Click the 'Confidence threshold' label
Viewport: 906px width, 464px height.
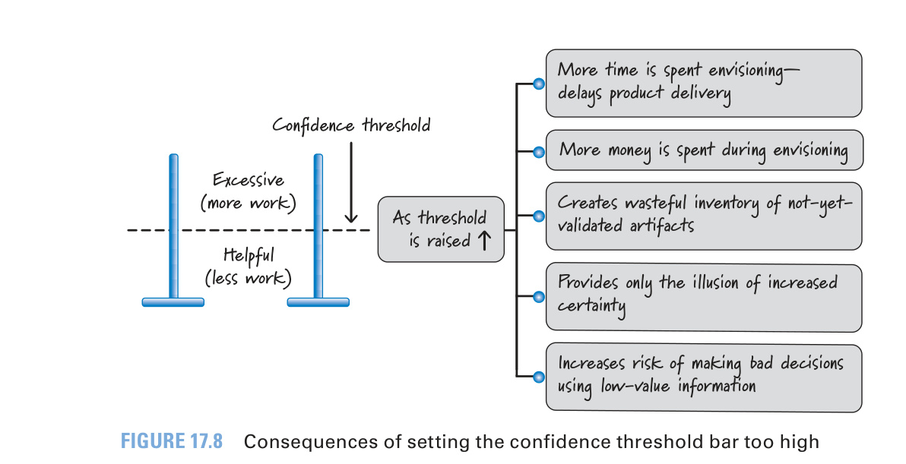pos(351,125)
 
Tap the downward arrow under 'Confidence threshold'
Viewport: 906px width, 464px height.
pos(350,182)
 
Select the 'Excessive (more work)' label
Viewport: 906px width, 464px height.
pos(248,191)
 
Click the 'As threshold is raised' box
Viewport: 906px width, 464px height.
pos(441,229)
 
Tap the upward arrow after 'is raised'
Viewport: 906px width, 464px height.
pos(484,240)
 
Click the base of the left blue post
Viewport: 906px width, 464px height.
pos(173,302)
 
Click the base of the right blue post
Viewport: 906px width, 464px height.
pos(318,302)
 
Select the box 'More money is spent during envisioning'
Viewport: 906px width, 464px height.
pos(704,150)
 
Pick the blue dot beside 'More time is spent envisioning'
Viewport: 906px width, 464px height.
pos(539,84)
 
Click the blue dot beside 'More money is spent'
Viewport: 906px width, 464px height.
pos(539,153)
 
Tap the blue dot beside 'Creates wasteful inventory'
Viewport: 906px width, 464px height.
pos(539,216)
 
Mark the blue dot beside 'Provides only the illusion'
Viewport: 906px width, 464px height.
pos(539,297)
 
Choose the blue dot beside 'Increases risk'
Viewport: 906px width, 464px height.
pos(539,377)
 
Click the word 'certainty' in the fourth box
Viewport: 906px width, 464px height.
pos(591,306)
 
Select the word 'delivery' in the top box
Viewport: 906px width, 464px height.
pos(701,94)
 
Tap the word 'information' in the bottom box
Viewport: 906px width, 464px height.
pos(717,385)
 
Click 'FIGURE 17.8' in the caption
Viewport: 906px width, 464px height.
pos(172,441)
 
